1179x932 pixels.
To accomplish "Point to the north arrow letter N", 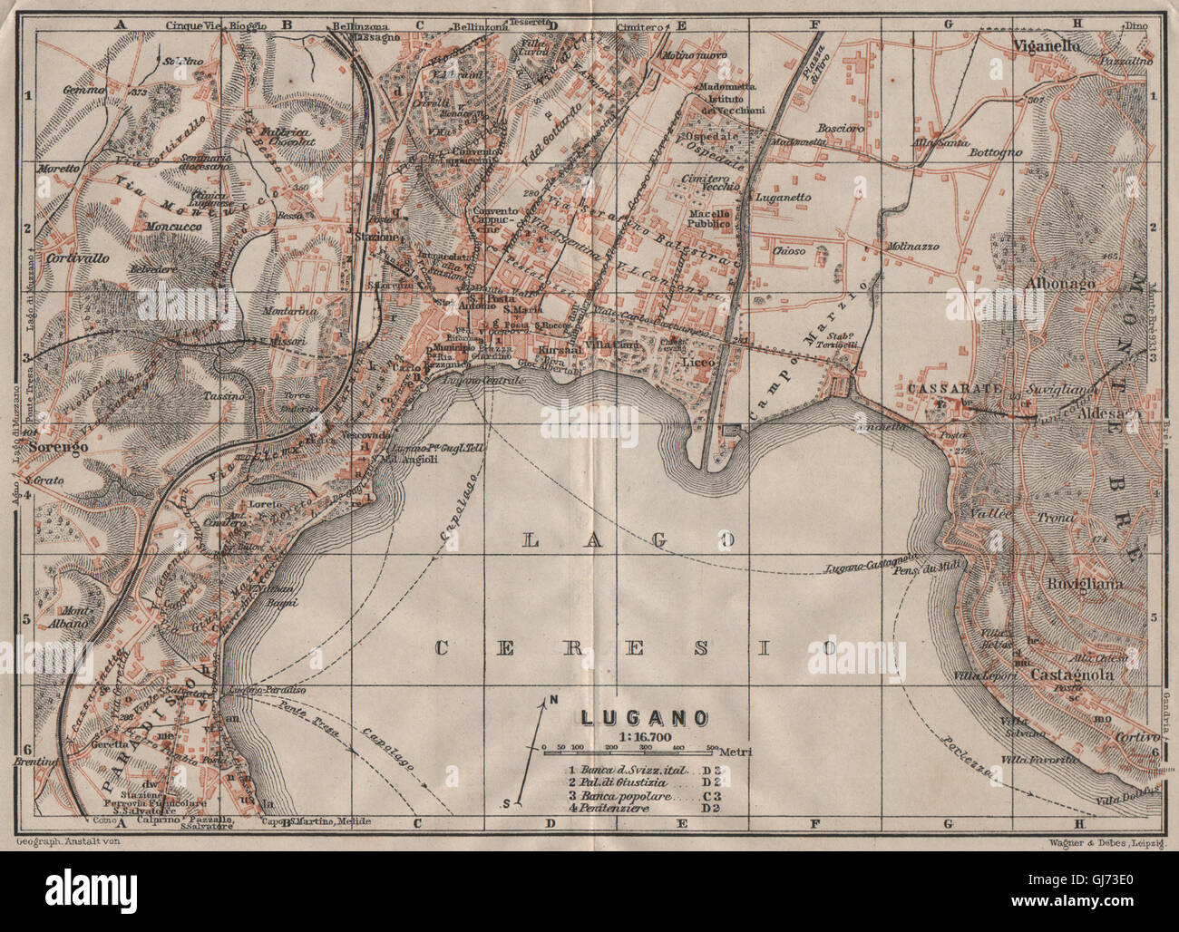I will [551, 700].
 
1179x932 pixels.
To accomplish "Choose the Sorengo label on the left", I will [58, 449].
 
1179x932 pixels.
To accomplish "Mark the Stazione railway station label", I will [375, 238].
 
